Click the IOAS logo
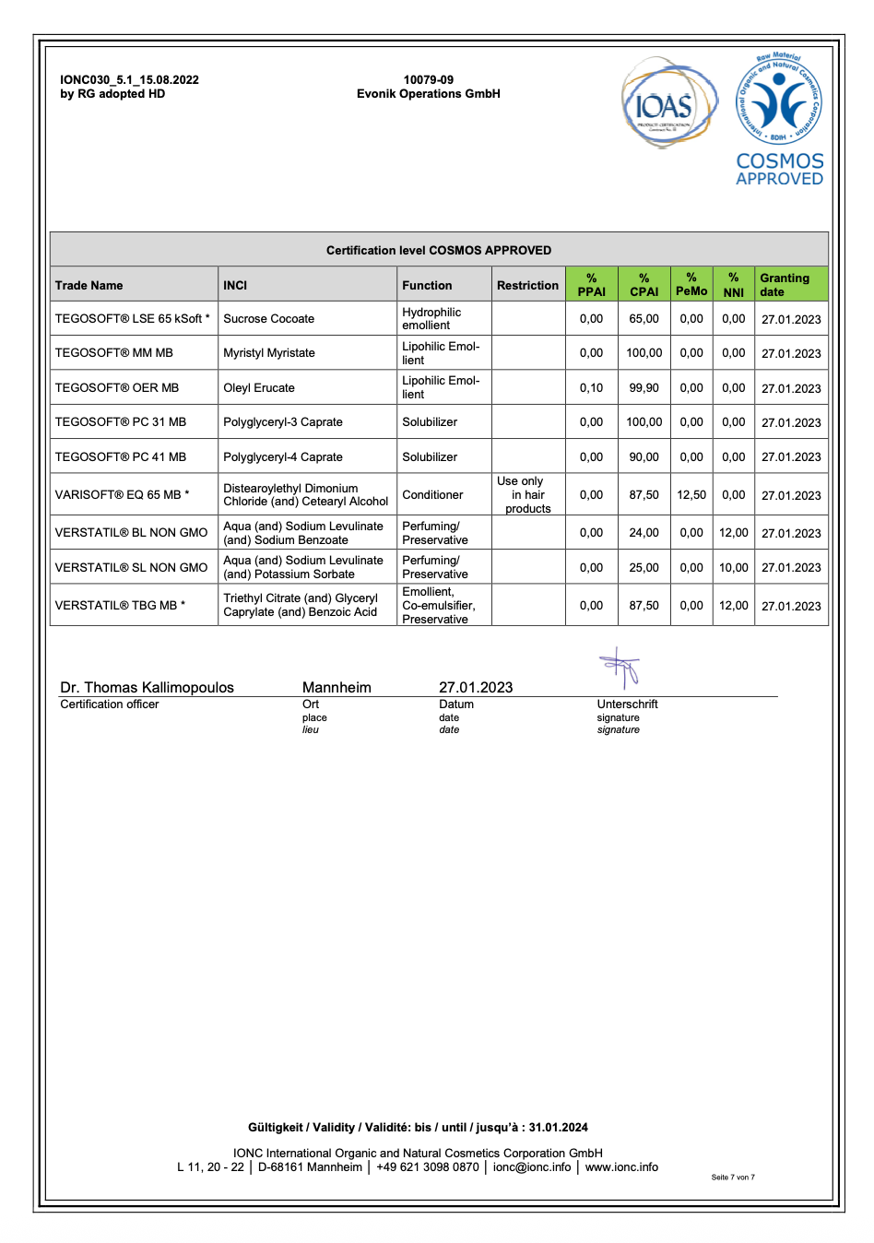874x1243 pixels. (x=667, y=103)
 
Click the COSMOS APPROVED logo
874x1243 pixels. (x=779, y=120)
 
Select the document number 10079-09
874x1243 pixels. (x=428, y=80)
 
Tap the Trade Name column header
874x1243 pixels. (x=89, y=286)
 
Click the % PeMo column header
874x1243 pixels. (x=691, y=284)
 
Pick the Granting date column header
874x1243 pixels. (x=785, y=284)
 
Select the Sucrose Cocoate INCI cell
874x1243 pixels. (x=268, y=319)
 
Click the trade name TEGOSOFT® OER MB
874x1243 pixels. (x=117, y=388)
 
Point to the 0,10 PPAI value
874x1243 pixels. (x=591, y=388)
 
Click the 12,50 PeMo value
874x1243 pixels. (x=691, y=495)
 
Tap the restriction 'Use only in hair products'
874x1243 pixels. (x=528, y=495)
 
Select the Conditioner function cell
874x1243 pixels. (x=432, y=495)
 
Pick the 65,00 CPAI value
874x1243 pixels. (x=644, y=319)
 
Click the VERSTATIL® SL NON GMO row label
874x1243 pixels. (x=131, y=568)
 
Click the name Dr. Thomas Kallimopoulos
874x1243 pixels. (x=147, y=688)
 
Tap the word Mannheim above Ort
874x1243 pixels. (x=337, y=688)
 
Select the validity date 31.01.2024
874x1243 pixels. (x=558, y=1128)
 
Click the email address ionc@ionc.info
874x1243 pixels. (x=532, y=1167)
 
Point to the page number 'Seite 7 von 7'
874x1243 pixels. (x=733, y=1178)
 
